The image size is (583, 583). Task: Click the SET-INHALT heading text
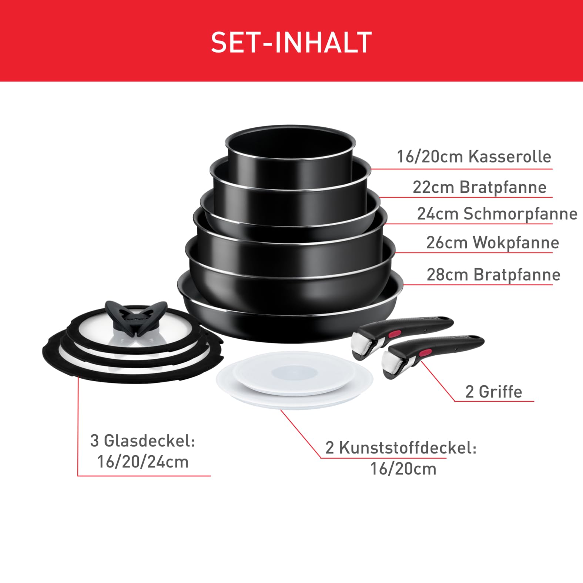pyautogui.click(x=291, y=42)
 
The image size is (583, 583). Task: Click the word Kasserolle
pyautogui.click(x=510, y=157)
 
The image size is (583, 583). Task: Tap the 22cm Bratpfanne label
pyautogui.click(x=479, y=187)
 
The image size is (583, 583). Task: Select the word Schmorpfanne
pyautogui.click(x=520, y=214)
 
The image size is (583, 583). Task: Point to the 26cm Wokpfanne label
pyautogui.click(x=493, y=243)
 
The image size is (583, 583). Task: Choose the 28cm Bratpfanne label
pyautogui.click(x=493, y=275)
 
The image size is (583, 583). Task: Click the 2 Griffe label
pyautogui.click(x=493, y=392)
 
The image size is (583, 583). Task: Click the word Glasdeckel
pyautogui.click(x=149, y=441)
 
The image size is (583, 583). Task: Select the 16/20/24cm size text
pyautogui.click(x=143, y=462)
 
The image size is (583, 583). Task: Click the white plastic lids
pyautogui.click(x=295, y=380)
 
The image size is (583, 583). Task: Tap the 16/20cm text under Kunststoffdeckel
pyautogui.click(x=403, y=469)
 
